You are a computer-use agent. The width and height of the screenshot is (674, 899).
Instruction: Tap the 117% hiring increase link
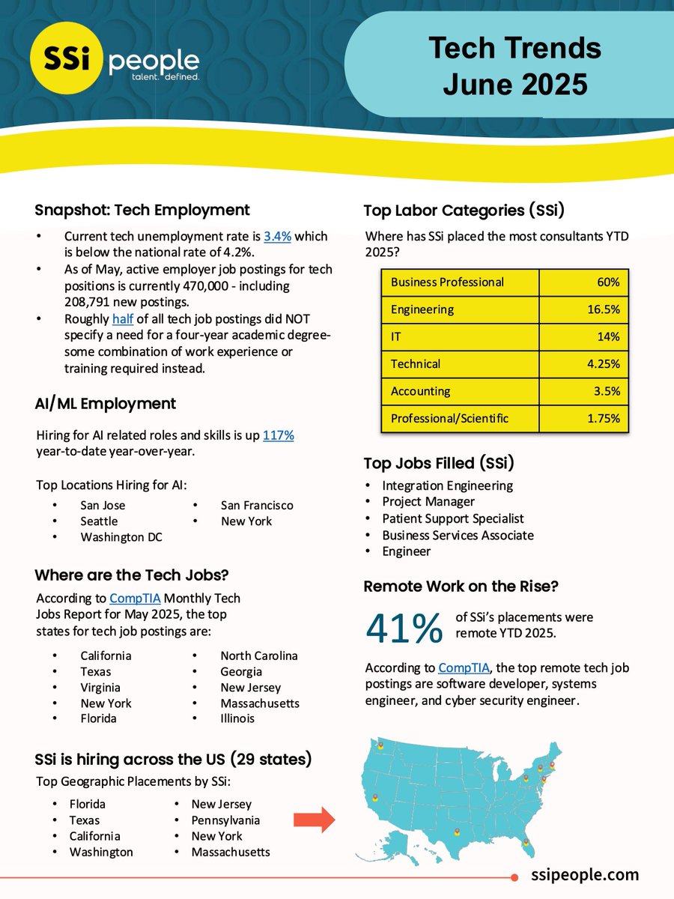pyautogui.click(x=278, y=435)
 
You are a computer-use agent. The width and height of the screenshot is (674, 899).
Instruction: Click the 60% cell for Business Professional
pyautogui.click(x=583, y=282)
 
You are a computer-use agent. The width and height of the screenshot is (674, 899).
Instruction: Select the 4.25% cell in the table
pyautogui.click(x=583, y=364)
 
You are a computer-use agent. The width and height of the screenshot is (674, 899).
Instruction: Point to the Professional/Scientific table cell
pyautogui.click(x=449, y=418)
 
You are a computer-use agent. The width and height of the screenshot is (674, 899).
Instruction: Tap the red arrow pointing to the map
pyautogui.click(x=313, y=820)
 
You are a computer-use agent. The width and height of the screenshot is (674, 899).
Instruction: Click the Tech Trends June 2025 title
pyautogui.click(x=514, y=66)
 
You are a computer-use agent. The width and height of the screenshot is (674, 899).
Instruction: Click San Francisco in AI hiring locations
pyautogui.click(x=257, y=506)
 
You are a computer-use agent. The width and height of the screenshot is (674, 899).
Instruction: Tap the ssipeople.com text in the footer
pyautogui.click(x=585, y=874)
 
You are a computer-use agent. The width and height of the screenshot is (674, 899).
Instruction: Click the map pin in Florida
pyautogui.click(x=526, y=843)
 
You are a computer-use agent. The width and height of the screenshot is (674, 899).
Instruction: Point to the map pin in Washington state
pyautogui.click(x=380, y=744)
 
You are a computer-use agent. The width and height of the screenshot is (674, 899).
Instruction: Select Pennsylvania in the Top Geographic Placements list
pyautogui.click(x=226, y=820)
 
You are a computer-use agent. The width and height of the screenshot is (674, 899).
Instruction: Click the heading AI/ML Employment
pyautogui.click(x=105, y=404)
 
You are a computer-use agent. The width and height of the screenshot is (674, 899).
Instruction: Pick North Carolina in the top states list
pyautogui.click(x=259, y=656)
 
